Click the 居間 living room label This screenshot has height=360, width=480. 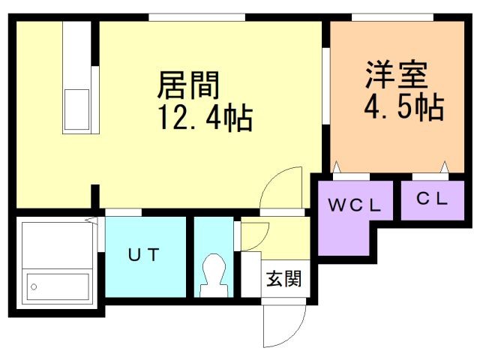(188, 85)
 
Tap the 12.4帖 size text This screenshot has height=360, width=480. (203, 118)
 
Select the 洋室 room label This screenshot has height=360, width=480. (396, 74)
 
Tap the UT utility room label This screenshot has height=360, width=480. (142, 254)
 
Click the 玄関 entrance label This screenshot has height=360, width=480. (283, 280)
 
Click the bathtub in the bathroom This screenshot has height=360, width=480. (57, 284)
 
